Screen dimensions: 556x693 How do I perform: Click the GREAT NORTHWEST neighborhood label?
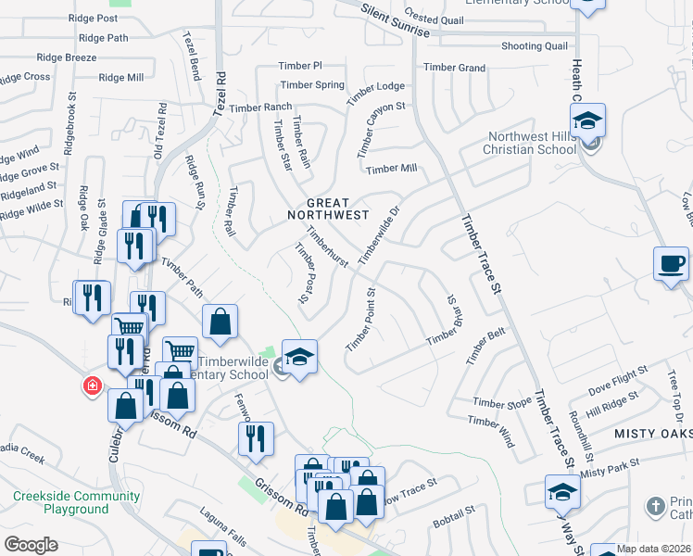pos(328,208)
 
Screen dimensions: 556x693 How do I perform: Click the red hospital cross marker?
pos(92,385)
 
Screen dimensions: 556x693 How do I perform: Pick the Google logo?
pos(31,545)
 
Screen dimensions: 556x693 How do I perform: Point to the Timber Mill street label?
pos(391,169)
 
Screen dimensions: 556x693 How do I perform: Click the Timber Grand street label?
pos(454,68)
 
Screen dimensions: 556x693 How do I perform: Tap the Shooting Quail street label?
pos(534,46)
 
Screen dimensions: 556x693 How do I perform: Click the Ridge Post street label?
pos(94,19)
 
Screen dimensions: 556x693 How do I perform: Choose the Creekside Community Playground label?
pos(76,502)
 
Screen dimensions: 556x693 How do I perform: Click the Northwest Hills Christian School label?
pos(532,143)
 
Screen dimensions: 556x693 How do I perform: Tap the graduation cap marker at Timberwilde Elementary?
pos(299,358)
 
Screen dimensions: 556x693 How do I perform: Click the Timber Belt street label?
pos(486,348)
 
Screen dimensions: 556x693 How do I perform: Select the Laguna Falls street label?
pos(224,518)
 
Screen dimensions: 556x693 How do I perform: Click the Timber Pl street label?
pos(300,66)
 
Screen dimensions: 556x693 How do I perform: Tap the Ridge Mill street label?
pos(120,78)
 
